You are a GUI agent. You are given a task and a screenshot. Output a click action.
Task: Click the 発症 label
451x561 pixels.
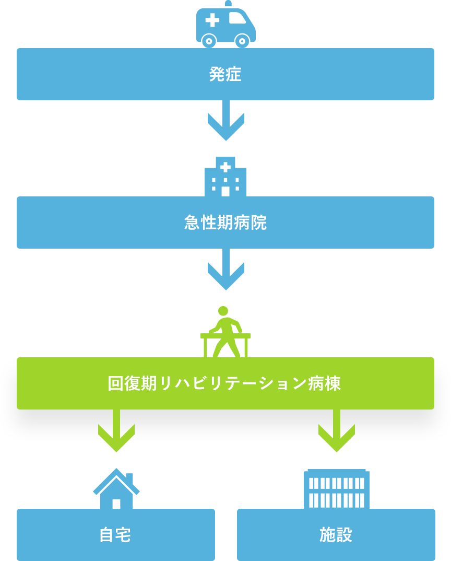pyautogui.click(x=225, y=74)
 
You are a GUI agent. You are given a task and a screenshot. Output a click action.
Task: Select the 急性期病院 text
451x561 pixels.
pyautogui.click(x=225, y=223)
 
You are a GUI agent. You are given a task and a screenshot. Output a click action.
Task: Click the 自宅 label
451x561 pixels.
pyautogui.click(x=115, y=535)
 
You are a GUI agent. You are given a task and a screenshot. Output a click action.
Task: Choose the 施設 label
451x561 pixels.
pyautogui.click(x=336, y=535)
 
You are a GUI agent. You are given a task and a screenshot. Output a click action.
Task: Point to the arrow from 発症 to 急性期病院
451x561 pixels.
pyautogui.click(x=225, y=122)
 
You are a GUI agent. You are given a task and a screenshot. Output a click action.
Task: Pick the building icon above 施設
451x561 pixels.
pyautogui.click(x=337, y=489)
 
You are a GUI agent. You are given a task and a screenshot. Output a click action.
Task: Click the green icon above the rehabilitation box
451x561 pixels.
pyautogui.click(x=225, y=329)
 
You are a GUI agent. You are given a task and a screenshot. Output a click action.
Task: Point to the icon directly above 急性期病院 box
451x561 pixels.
pyautogui.click(x=225, y=177)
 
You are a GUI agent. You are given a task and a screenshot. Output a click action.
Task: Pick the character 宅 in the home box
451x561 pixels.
pyautogui.click(x=123, y=535)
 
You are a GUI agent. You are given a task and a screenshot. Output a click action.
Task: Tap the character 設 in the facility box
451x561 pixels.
pyautogui.click(x=344, y=535)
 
